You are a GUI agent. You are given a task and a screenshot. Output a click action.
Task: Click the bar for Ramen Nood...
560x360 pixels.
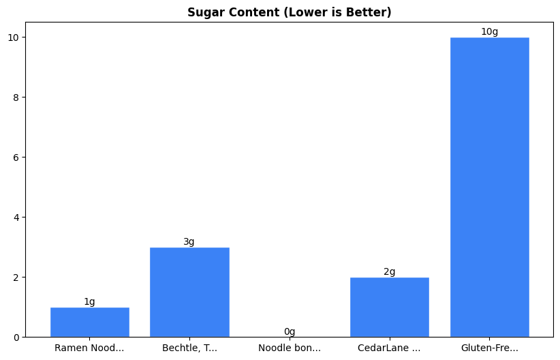tap(89, 322)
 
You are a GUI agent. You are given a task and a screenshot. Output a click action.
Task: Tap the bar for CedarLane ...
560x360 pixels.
tap(389, 307)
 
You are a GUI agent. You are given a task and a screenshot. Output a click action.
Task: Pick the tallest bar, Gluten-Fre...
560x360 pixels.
tap(489, 187)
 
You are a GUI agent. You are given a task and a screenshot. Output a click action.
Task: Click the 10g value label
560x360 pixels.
tap(489, 31)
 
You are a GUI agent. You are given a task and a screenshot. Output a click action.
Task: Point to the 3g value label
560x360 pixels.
tap(189, 241)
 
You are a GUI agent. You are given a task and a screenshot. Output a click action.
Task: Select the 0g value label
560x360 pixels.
tap(290, 331)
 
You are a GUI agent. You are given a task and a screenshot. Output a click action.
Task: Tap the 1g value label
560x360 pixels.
tap(89, 301)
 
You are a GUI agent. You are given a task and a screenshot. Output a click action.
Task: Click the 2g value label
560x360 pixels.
tap(389, 271)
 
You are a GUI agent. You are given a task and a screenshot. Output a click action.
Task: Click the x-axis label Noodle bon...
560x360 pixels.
tap(290, 348)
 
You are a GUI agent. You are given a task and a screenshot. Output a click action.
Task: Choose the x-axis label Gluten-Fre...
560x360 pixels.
tap(489, 348)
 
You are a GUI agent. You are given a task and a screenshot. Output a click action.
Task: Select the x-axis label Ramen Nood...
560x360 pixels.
tap(89, 348)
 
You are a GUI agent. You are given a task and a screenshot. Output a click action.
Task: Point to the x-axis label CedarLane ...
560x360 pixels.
tap(389, 348)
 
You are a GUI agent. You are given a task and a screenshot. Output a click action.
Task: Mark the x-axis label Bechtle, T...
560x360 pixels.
tap(189, 348)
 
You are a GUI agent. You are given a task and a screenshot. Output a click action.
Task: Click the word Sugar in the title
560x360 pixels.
tap(202, 12)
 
